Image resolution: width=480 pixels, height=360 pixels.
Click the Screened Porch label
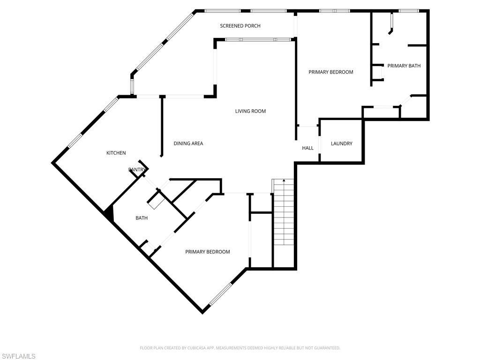(240, 26)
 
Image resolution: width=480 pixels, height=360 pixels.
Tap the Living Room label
(250, 111)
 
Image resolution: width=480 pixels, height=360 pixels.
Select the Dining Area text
(188, 143)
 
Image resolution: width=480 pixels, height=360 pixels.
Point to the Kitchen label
(116, 153)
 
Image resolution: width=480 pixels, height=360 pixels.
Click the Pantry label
(137, 170)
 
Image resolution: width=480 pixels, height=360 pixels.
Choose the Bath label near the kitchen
(142, 217)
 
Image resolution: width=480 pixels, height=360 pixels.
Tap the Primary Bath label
(404, 66)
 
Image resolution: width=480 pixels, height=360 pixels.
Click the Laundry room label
(341, 143)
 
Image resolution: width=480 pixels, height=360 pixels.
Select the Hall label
(307, 148)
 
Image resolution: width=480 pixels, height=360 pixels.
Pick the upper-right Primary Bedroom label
(330, 72)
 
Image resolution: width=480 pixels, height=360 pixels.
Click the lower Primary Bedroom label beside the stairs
(207, 252)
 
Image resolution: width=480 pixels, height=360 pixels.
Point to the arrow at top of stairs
(284, 180)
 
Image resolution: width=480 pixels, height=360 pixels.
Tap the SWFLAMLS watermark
(18, 356)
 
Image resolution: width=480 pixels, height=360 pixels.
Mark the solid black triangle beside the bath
(109, 214)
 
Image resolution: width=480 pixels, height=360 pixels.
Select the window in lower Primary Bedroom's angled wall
(220, 294)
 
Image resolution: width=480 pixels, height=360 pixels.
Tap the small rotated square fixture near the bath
(156, 200)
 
